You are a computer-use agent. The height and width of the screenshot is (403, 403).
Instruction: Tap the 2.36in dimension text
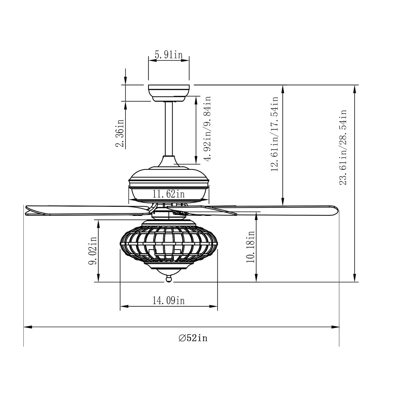tap(120, 133)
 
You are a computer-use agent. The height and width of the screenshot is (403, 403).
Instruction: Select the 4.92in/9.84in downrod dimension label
tap(207, 128)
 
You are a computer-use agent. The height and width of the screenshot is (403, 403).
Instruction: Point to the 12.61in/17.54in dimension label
tap(275, 134)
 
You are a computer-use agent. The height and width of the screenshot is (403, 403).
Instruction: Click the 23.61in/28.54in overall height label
tap(343, 147)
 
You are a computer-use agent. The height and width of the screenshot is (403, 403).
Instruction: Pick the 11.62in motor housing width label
tap(168, 194)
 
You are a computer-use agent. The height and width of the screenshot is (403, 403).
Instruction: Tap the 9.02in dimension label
tap(93, 250)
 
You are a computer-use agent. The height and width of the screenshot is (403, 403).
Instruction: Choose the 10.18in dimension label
tap(250, 247)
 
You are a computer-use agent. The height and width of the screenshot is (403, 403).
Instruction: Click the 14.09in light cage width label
tap(168, 300)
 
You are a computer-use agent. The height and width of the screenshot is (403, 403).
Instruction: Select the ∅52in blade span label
tap(193, 338)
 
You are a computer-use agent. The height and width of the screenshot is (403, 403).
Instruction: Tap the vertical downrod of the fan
tap(169, 128)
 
